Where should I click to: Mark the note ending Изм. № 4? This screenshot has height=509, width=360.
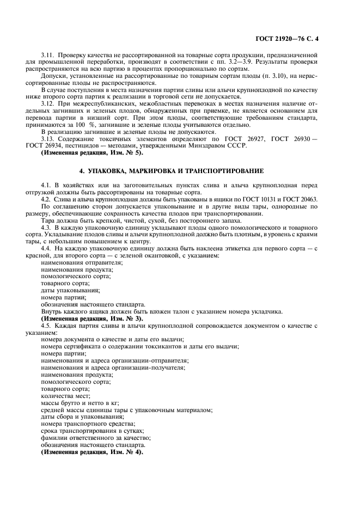click(92, 452)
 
